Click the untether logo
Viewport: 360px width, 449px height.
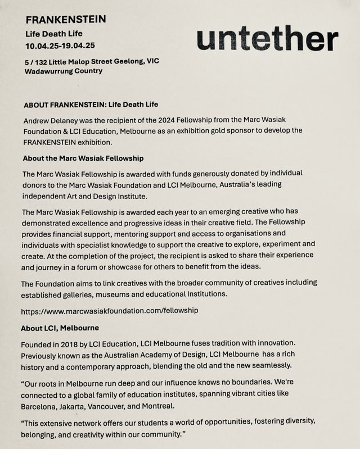pos(267,39)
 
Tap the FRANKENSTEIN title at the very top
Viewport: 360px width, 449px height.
pos(66,19)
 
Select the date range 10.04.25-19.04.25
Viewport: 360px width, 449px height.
pos(60,45)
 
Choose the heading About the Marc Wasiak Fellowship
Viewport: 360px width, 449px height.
pos(83,158)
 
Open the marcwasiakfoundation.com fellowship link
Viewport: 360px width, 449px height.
pos(110,310)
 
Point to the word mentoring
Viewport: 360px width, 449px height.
pos(142,233)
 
